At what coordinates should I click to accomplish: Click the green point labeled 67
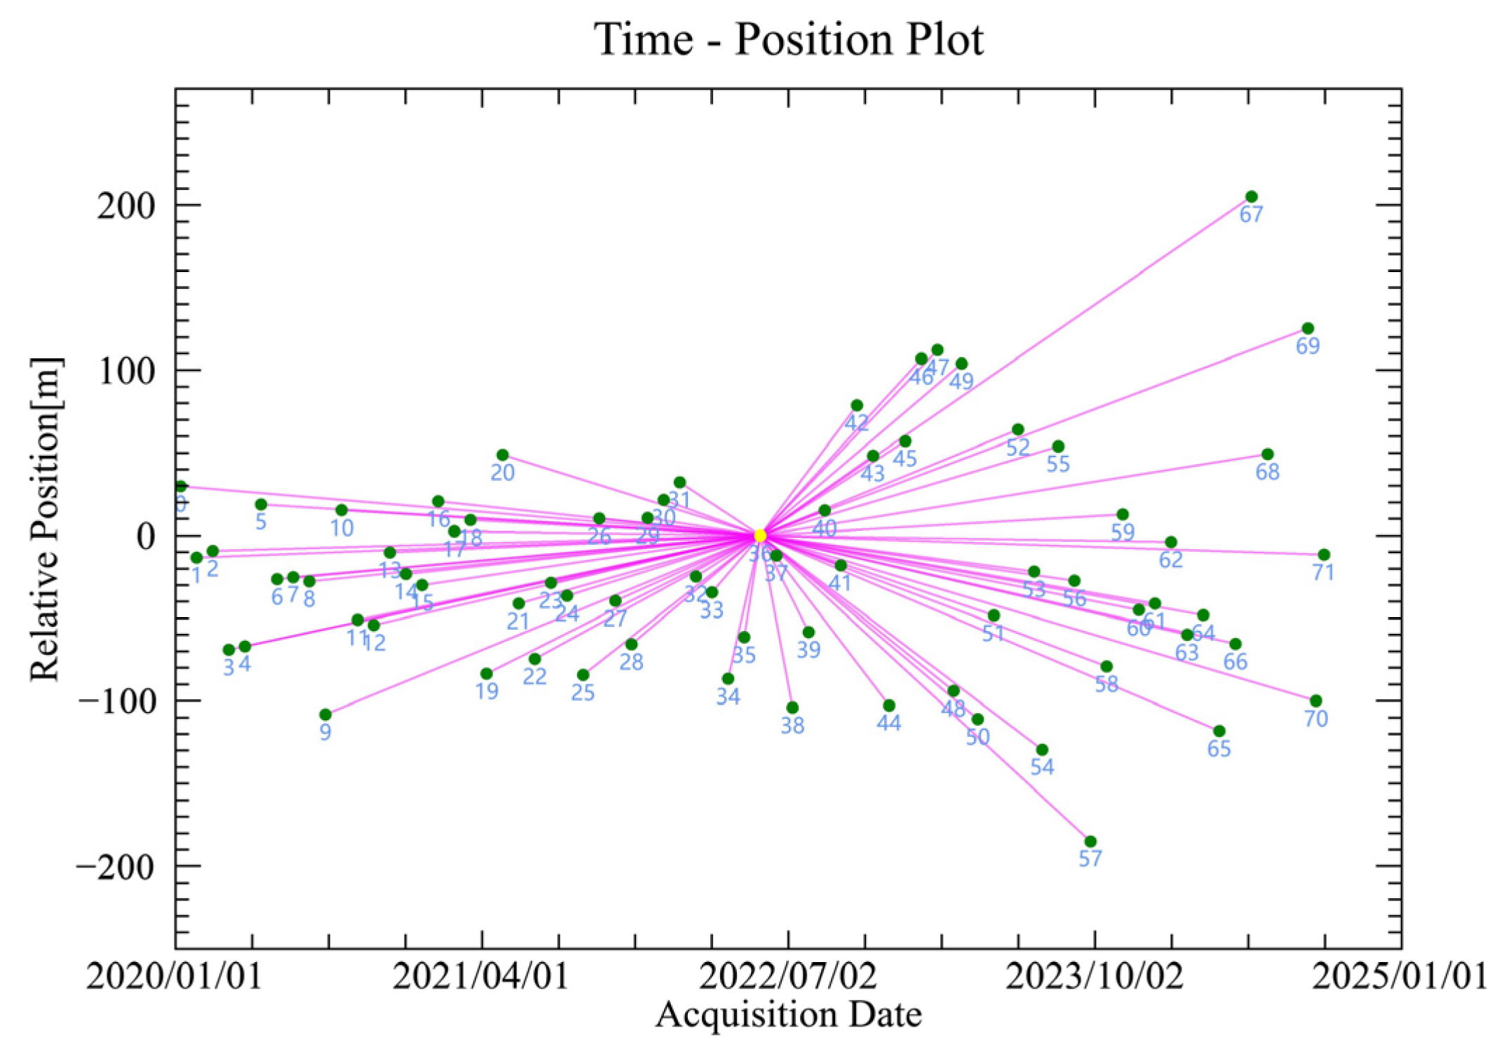coord(1251,197)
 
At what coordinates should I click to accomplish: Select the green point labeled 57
coord(1090,841)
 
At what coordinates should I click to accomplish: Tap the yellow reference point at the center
coord(760,536)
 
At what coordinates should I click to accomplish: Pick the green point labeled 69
coord(1307,328)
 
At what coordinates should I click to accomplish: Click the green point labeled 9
coord(325,715)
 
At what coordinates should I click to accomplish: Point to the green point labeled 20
coord(502,455)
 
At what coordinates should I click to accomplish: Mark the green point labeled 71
coord(1324,555)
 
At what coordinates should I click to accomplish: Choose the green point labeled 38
coord(792,708)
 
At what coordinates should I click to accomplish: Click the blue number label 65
coord(1219,749)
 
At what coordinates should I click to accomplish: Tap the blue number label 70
coord(1315,719)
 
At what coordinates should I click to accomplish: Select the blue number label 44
coord(888,723)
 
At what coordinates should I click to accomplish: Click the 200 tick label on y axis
coord(126,205)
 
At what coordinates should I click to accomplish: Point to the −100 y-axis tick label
coord(116,701)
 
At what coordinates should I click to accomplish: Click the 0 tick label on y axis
coord(145,536)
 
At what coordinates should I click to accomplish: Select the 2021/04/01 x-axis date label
coord(480,976)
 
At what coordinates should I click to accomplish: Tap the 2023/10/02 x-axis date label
coord(1094,976)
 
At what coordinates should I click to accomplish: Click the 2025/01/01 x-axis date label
coord(1399,976)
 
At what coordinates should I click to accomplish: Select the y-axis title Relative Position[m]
coord(46,519)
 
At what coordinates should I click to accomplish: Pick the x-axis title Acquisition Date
coord(788,1015)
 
